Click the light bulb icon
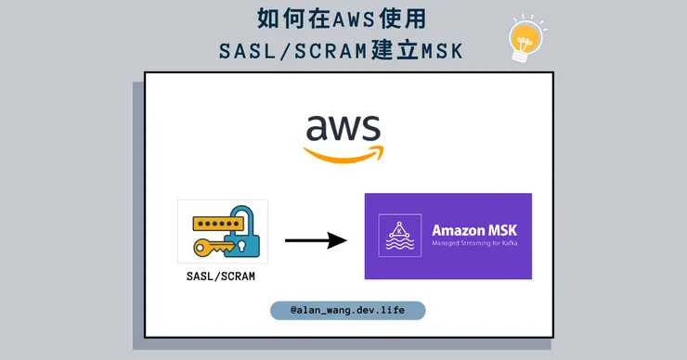tap(525, 39)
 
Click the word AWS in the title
tap(354, 19)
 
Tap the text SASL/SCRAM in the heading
tap(292, 51)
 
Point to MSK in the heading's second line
tap(442, 51)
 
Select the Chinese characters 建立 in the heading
tap(395, 50)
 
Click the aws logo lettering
tap(343, 128)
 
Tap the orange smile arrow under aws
tap(343, 154)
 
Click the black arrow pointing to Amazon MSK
tap(316, 240)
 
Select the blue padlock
tap(242, 232)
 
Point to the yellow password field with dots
tap(218, 224)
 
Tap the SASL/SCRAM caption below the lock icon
tap(220, 276)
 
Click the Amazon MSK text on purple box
tap(474, 230)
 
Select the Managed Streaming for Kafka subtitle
tap(474, 243)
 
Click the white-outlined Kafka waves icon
tap(399, 235)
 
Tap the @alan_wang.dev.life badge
tap(347, 310)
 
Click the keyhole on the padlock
tap(242, 245)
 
